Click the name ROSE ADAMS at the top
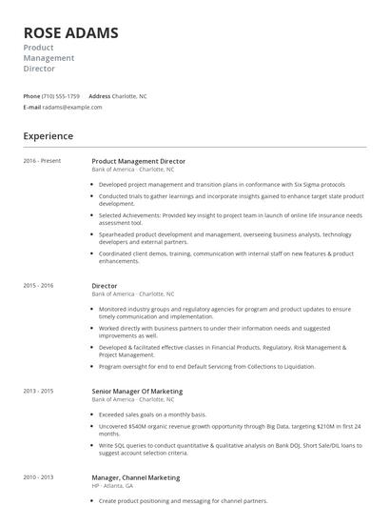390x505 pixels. click(x=71, y=33)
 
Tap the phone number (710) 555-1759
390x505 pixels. click(x=62, y=96)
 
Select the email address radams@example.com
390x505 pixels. click(x=73, y=107)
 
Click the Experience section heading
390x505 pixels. click(x=48, y=136)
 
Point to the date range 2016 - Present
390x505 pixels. click(x=42, y=161)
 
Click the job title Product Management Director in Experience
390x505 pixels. click(x=139, y=161)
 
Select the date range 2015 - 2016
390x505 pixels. click(x=38, y=285)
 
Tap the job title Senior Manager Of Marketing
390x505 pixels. click(x=137, y=391)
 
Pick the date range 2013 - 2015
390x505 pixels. click(x=38, y=391)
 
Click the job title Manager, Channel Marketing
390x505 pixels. click(x=135, y=477)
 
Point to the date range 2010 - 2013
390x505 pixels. click(x=38, y=477)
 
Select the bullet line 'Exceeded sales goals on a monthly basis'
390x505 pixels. click(x=152, y=414)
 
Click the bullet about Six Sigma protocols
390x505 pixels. click(x=222, y=184)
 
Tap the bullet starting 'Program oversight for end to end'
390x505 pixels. click(x=220, y=366)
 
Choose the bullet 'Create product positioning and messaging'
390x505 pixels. click(x=183, y=500)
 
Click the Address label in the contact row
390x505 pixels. click(x=99, y=96)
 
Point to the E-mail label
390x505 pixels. click(x=31, y=107)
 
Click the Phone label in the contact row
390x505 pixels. click(x=31, y=96)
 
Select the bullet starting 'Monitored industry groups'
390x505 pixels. click(x=224, y=309)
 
